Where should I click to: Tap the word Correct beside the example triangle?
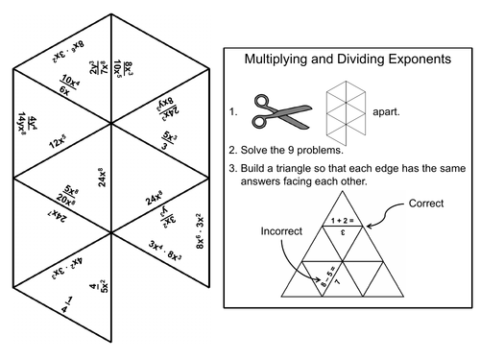pos(427,204)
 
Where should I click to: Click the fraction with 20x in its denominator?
pos(68,197)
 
